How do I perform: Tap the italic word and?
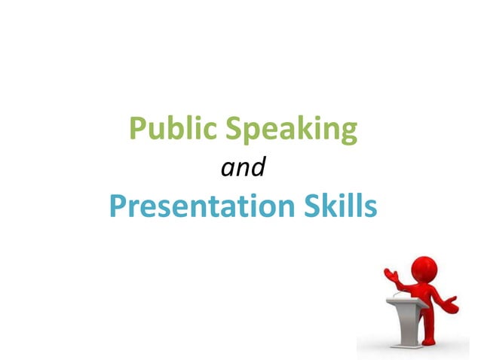coord(242,167)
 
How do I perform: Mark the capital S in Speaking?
coord(234,129)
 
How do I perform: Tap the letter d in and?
coord(258,167)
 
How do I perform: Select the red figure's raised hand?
coord(391,273)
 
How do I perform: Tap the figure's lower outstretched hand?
coord(451,304)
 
